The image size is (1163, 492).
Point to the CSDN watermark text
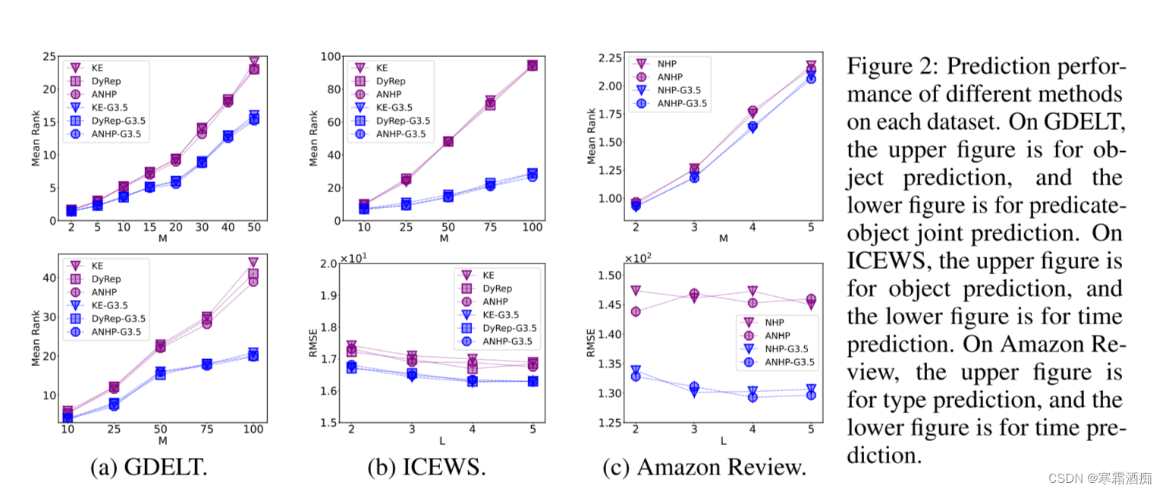click(x=1100, y=478)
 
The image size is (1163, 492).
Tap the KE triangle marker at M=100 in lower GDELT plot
click(x=253, y=263)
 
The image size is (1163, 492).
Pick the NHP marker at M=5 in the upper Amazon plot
click(x=811, y=67)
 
